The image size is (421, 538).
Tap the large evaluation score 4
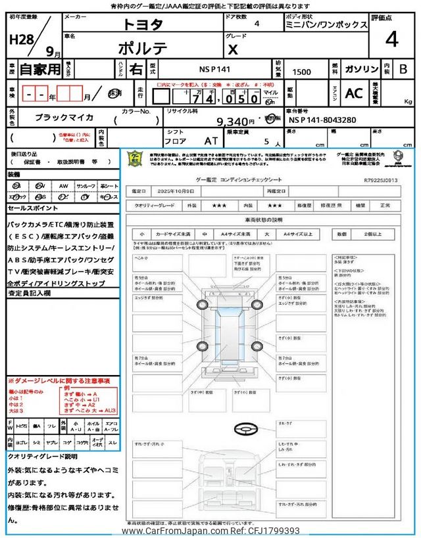[x=391, y=39]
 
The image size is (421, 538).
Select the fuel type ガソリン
[x=360, y=69]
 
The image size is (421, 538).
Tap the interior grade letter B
[x=403, y=69]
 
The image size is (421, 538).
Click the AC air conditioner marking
[x=353, y=94]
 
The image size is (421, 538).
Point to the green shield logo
[x=136, y=160]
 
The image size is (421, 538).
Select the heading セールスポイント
[x=32, y=208]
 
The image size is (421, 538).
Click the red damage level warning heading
[x=59, y=381]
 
